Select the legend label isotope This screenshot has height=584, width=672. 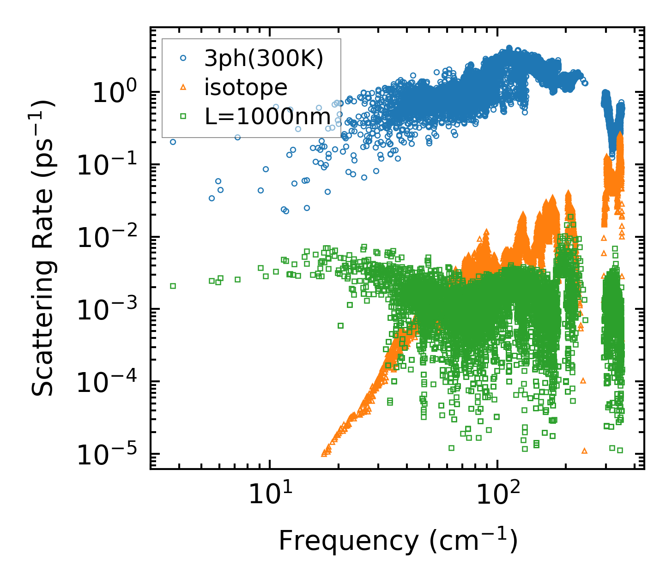[246, 87]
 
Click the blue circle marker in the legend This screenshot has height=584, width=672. [183, 58]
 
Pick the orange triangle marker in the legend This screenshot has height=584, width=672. [183, 87]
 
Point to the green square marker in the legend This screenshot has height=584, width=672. [183, 116]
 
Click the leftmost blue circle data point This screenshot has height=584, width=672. [173, 142]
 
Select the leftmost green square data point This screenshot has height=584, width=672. [173, 286]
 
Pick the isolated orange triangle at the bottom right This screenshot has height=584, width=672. [585, 451]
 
